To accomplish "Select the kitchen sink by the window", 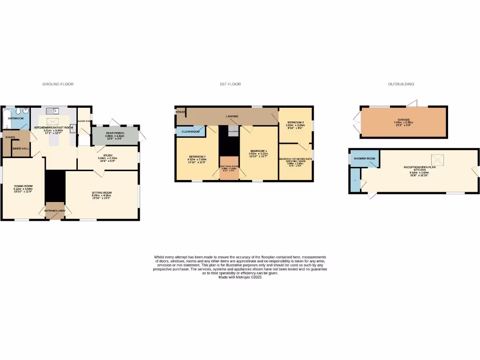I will [52, 111].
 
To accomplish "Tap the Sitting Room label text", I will [101, 193].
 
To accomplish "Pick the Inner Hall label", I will [20, 149].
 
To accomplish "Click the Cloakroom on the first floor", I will [190, 132].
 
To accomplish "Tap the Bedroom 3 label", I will [295, 122].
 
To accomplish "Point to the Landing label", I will [232, 116].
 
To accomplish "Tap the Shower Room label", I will [365, 158].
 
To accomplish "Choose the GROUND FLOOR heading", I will [58, 84].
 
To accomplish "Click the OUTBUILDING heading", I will [401, 84].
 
